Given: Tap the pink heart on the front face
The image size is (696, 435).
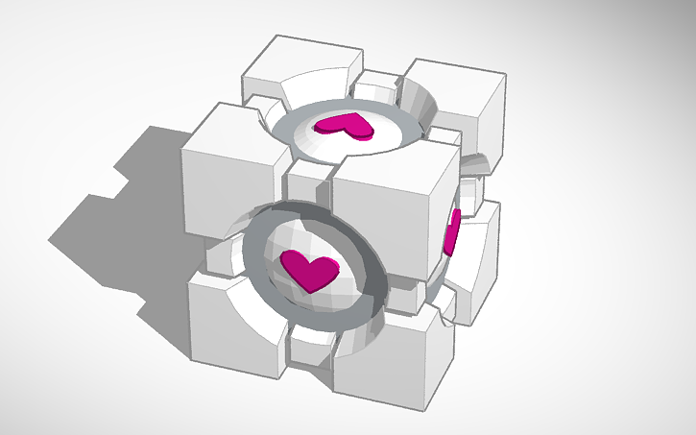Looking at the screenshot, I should (308, 271).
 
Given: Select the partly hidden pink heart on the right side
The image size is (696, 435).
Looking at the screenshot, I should (451, 232).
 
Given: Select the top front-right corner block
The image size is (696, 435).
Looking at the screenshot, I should (389, 202).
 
